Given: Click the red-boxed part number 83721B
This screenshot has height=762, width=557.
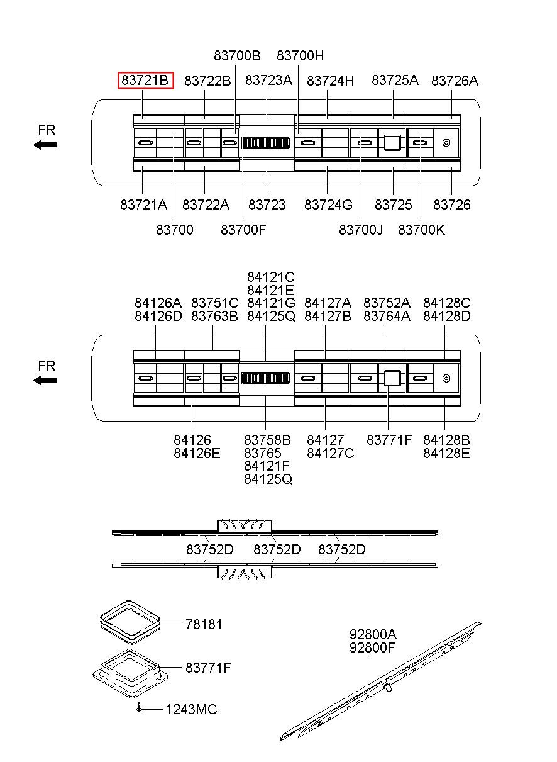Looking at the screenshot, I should (x=145, y=81).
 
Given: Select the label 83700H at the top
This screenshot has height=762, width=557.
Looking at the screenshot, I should (x=301, y=55).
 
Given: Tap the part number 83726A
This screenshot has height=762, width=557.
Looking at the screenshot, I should (x=455, y=81).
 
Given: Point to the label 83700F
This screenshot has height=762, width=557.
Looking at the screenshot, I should (x=243, y=230).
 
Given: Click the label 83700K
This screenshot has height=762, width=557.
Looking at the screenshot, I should (x=421, y=230).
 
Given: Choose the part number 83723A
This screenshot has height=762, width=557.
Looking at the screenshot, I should (x=268, y=80).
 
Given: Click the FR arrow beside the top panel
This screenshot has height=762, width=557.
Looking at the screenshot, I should (x=45, y=145).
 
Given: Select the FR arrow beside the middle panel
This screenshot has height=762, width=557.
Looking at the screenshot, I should (x=45, y=380).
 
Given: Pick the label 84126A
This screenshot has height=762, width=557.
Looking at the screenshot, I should (x=158, y=303).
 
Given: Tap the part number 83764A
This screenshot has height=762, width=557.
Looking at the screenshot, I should (x=387, y=316).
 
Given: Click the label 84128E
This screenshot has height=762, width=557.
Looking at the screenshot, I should (x=446, y=452).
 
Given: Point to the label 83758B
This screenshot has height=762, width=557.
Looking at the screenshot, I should (x=267, y=439).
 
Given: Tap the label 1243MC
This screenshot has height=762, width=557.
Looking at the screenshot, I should (x=191, y=710).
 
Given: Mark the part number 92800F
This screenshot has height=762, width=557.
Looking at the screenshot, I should (x=373, y=646).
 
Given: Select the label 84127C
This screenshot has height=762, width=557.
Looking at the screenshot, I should (x=330, y=452).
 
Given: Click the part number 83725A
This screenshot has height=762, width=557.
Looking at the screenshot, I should (x=395, y=80).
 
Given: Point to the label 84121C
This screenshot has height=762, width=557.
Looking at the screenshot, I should (x=270, y=277).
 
